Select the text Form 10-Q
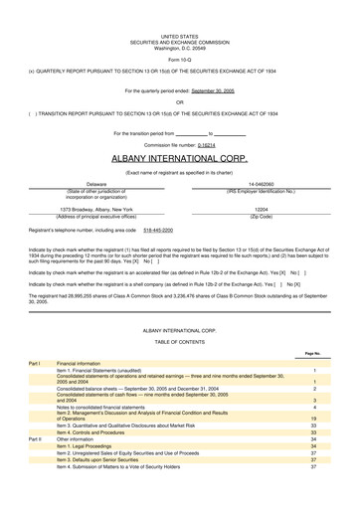pos(179,59)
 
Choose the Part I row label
pos(33,364)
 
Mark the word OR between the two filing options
pos(179,101)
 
